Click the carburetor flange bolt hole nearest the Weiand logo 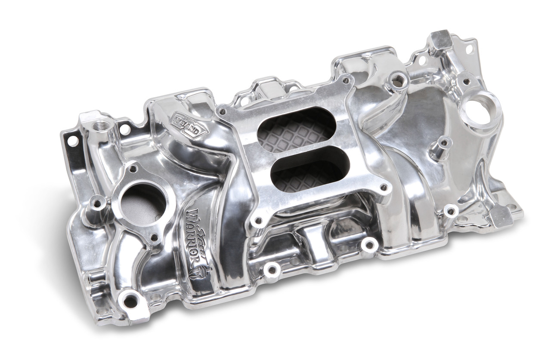tap(222, 111)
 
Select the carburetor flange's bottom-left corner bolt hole tap(258, 221)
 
